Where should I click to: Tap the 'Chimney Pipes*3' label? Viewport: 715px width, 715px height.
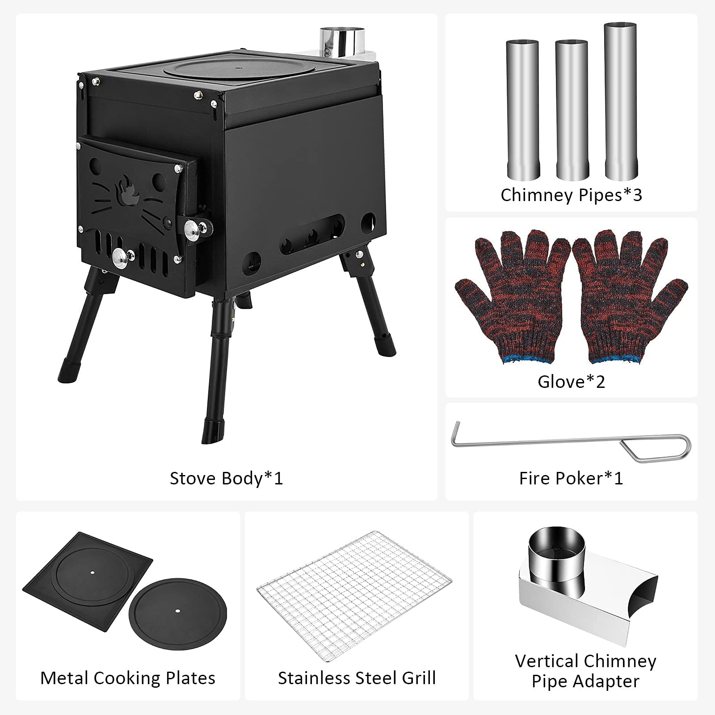pos(571,195)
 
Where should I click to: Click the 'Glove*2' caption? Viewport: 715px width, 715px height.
pos(571,382)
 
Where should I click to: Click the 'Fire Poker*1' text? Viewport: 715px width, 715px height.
pos(571,478)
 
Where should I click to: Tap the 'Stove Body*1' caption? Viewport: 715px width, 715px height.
pos(226,478)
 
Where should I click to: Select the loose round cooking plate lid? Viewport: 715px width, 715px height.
pos(177,611)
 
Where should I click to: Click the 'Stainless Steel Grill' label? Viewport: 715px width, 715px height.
pos(357,678)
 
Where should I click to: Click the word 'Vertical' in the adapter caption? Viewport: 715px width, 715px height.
pos(546,661)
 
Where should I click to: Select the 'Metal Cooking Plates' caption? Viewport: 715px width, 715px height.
pos(128,678)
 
